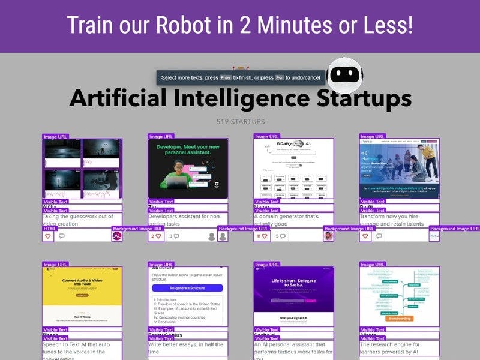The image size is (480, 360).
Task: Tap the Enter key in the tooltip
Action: pyautogui.click(x=225, y=78)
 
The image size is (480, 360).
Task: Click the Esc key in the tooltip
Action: pyautogui.click(x=279, y=78)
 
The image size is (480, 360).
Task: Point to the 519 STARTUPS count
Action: pyautogui.click(x=240, y=122)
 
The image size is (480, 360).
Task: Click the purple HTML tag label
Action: pyautogui.click(x=50, y=229)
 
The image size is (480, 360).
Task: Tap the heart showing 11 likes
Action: pyautogui.click(x=262, y=236)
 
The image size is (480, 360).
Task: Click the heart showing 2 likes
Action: pyautogui.click(x=156, y=236)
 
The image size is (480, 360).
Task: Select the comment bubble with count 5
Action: pyautogui.click(x=280, y=236)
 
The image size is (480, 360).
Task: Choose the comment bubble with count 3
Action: pyautogui.click(x=174, y=236)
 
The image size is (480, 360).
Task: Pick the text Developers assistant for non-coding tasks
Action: pyautogui.click(x=185, y=220)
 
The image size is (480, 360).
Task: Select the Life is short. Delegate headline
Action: pyautogui.click(x=293, y=284)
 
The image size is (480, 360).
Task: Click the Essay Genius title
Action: pyautogui.click(x=166, y=335)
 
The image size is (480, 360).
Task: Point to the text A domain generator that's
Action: pyautogui.click(x=286, y=217)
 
